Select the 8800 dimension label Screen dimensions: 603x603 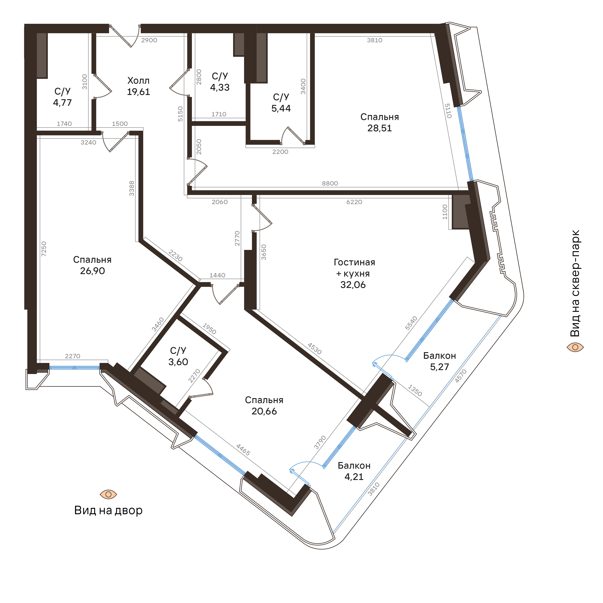(x=330, y=183)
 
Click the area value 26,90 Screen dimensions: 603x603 (x=92, y=271)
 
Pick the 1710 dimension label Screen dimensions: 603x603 (x=219, y=114)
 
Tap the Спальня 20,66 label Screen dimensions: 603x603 (x=264, y=406)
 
